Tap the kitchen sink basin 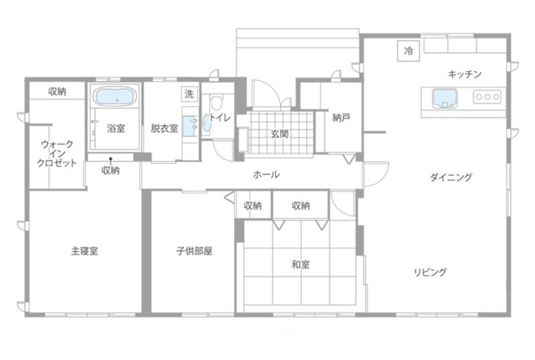[445, 98]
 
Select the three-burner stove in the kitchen [488, 96]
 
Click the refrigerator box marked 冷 [409, 52]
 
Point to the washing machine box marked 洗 [189, 94]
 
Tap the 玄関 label [280, 134]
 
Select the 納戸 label [341, 118]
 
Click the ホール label [266, 175]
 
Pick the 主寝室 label [85, 251]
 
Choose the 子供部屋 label [194, 251]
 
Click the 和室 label [300, 264]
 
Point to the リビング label [430, 272]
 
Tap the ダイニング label [451, 177]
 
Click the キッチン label [465, 74]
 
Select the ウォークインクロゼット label [57, 153]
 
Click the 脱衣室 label [165, 128]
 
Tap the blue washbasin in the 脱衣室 [190, 126]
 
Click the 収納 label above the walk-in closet [57, 92]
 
